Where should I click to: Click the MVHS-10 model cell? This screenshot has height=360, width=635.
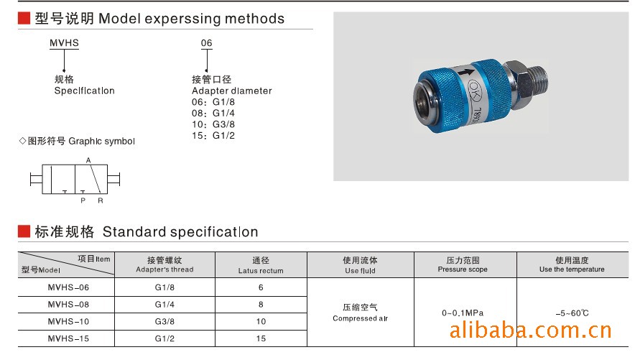68,321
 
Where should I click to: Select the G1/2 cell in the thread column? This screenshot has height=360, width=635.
164,338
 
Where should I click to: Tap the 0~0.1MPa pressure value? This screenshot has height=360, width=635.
463,313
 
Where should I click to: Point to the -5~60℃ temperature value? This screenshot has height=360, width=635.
572,313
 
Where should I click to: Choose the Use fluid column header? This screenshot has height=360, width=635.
360,265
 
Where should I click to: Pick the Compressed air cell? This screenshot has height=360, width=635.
360,313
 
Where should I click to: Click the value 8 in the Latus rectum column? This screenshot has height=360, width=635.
261,305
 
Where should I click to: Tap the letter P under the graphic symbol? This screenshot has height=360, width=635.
83,200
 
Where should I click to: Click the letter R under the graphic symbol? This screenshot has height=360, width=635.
101,200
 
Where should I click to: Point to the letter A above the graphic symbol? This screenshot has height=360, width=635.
88,160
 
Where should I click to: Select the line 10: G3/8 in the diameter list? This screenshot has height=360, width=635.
213,124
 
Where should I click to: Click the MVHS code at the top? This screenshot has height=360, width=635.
64,43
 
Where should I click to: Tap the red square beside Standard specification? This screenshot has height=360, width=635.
24,231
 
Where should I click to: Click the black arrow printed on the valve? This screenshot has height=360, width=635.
465,73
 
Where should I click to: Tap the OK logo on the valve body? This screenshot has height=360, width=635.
474,91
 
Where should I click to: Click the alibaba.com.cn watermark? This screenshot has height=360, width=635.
531,331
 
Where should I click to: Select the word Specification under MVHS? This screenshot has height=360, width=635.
84,91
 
